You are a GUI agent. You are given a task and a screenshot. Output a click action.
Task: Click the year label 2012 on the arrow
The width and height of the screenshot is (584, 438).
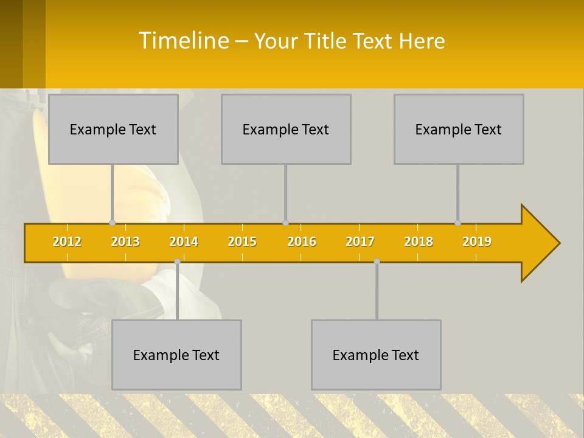(67, 242)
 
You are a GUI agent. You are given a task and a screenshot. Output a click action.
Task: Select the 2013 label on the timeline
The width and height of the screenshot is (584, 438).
(125, 242)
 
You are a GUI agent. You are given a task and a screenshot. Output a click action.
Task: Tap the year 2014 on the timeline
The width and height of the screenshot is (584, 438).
(184, 242)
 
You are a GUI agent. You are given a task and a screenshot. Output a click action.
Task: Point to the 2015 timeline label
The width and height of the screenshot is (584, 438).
(242, 242)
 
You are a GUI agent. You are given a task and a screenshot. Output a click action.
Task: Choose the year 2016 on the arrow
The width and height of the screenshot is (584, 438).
(302, 242)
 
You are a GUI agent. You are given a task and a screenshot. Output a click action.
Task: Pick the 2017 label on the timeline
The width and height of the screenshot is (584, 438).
(360, 242)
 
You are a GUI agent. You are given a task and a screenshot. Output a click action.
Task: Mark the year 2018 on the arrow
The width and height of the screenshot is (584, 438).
(419, 242)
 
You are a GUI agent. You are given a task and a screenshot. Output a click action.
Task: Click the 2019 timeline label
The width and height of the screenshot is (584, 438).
(477, 242)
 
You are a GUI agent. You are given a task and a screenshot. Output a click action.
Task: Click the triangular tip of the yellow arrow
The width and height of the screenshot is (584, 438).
(544, 243)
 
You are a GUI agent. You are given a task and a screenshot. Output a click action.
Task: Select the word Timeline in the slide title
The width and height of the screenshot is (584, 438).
(183, 41)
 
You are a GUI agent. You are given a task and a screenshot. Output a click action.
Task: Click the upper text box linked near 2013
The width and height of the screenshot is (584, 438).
(113, 129)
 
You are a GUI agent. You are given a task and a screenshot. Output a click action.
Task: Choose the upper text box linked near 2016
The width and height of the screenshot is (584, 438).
(286, 129)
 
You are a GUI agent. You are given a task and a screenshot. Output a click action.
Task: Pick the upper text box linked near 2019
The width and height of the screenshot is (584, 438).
(459, 129)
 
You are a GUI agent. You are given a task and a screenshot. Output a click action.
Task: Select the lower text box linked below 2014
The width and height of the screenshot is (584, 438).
(176, 355)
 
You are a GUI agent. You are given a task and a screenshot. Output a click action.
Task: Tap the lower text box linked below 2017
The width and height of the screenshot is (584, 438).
(376, 355)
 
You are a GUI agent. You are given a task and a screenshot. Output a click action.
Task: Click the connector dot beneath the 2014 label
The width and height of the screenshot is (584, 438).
(177, 261)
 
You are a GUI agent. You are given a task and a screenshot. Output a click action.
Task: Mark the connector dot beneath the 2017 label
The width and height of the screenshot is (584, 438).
(377, 261)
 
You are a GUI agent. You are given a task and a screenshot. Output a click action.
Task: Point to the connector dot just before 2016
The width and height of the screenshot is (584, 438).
(285, 223)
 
